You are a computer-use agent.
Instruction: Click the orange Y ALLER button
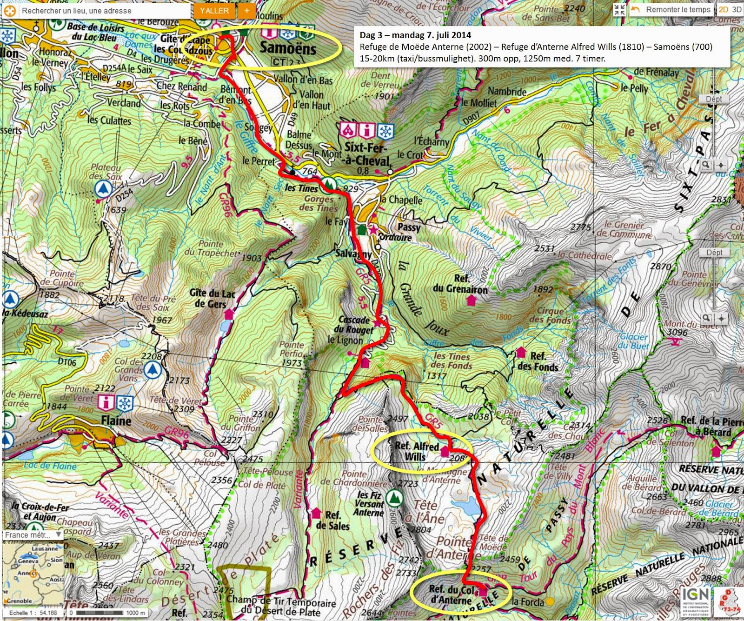(x=214, y=11)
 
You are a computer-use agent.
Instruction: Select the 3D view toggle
(x=737, y=9)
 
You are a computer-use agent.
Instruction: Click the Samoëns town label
(x=287, y=47)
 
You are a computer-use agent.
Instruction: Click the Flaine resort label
(x=116, y=421)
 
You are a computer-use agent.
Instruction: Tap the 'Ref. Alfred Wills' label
(x=416, y=451)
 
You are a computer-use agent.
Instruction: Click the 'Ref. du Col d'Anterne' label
(x=451, y=595)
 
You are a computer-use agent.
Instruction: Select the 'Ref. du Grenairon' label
(x=460, y=284)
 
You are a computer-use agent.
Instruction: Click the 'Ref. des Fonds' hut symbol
(x=521, y=352)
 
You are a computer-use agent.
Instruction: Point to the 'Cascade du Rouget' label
(x=356, y=325)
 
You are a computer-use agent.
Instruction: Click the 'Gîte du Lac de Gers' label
(x=212, y=298)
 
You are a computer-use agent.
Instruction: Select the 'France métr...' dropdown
(x=33, y=535)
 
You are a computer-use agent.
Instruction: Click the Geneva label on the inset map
(x=28, y=561)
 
